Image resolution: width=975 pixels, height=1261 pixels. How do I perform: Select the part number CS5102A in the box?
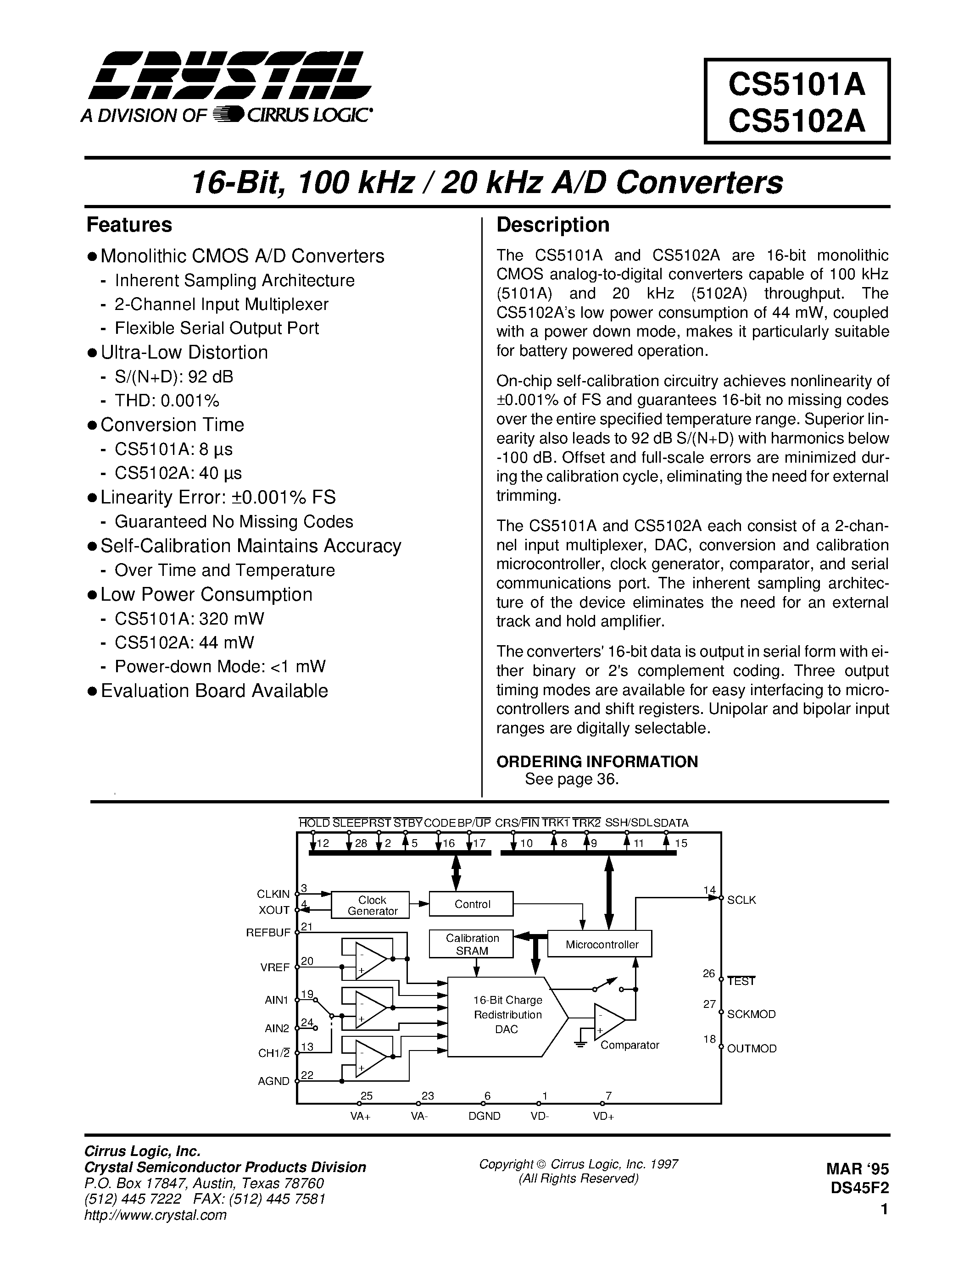797,121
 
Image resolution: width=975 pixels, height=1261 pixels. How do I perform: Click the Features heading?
129,225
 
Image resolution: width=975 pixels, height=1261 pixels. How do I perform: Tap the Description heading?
553,225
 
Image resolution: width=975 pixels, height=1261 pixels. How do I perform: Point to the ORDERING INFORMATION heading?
597,762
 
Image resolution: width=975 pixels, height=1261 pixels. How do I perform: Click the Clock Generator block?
372,905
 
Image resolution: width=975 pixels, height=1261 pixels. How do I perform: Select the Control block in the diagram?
472,904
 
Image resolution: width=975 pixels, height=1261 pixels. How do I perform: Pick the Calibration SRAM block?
472,944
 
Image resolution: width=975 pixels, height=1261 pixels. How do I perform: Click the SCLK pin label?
741,900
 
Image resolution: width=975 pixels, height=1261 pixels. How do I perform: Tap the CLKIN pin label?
273,894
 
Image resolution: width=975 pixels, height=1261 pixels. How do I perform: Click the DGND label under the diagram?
484,1116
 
